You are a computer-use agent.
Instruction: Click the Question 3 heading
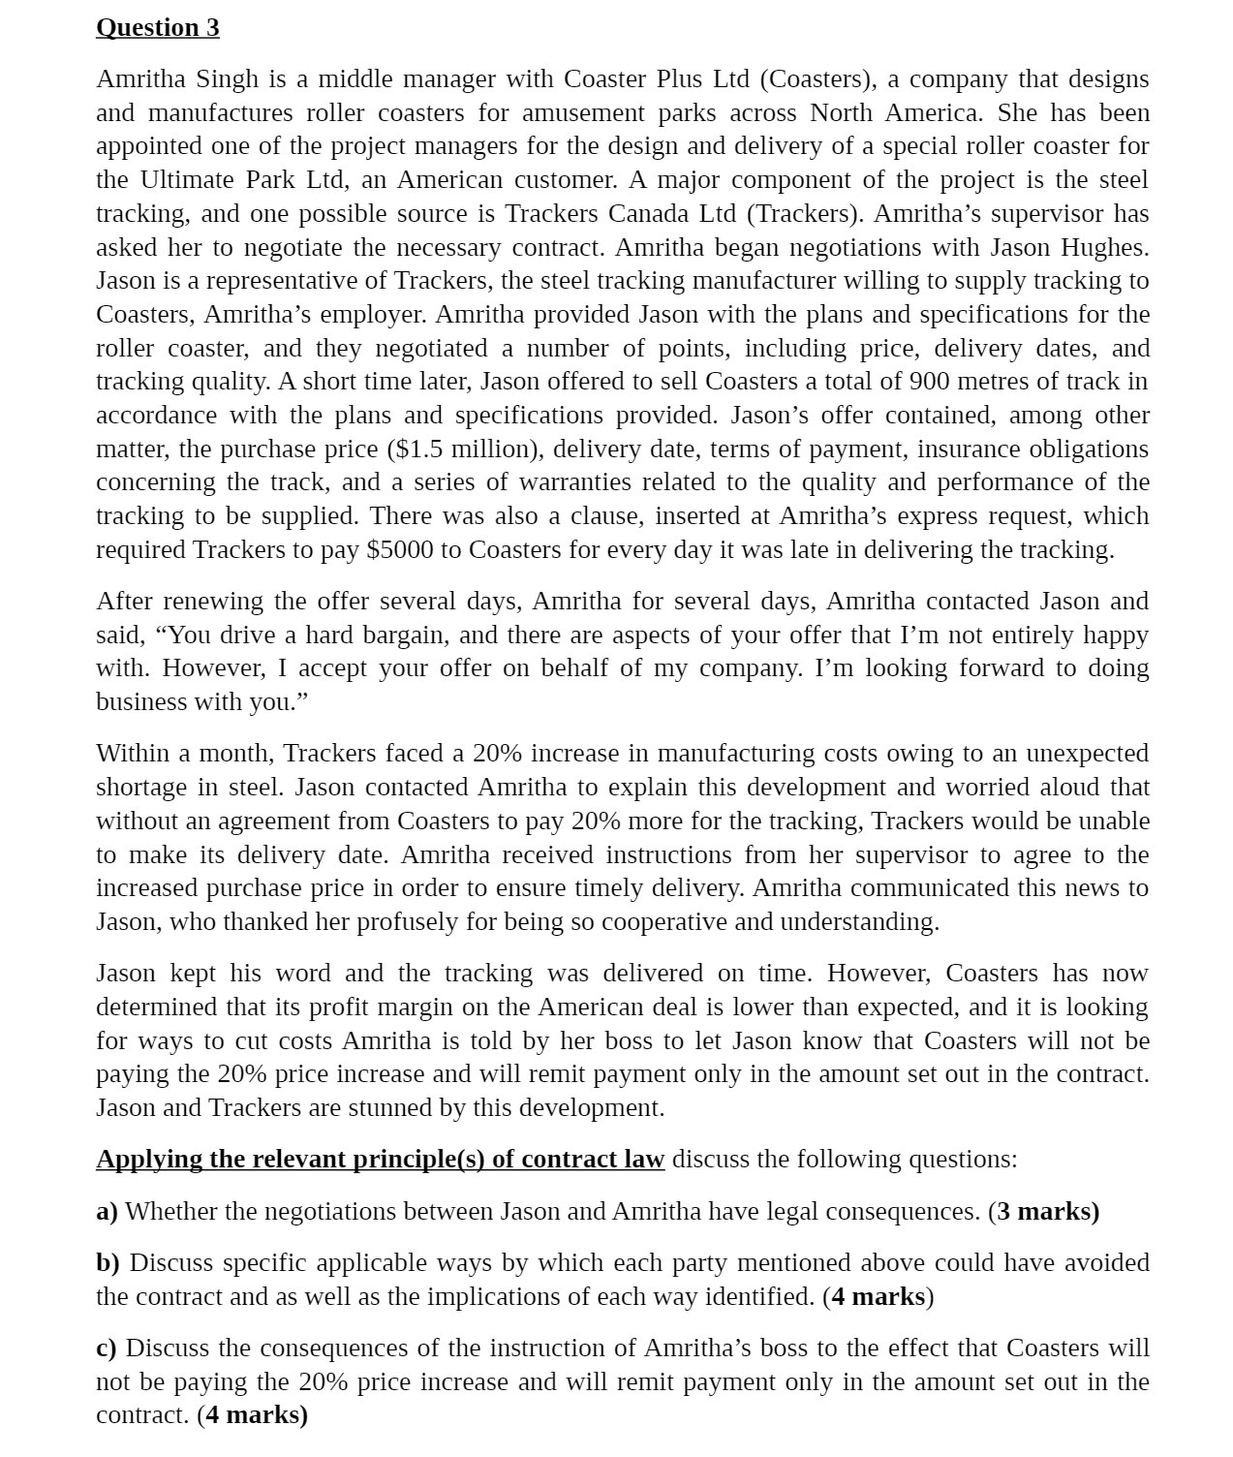158,27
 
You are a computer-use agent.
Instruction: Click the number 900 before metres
929,381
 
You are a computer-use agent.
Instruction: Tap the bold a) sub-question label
107,1211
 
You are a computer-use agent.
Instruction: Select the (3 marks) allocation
1044,1211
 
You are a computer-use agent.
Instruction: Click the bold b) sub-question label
108,1262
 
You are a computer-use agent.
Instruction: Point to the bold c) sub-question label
107,1348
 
